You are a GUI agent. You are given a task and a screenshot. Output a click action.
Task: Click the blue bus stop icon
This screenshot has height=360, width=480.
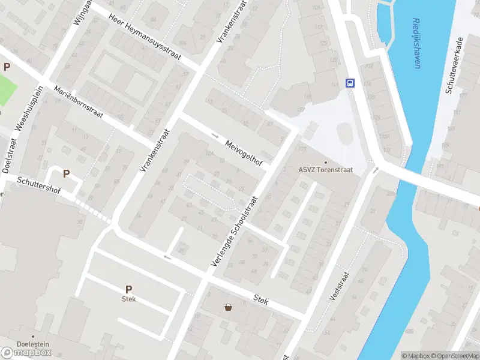pos(349,83)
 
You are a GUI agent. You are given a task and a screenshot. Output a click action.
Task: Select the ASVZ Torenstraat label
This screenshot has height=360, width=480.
pos(326,170)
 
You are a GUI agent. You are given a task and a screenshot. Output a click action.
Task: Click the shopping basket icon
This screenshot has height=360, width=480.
pos(229,308)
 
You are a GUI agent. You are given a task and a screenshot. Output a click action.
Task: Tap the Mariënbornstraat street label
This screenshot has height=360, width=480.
pos(79,102)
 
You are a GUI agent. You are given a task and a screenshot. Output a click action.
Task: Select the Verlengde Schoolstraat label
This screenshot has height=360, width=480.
pos(234,232)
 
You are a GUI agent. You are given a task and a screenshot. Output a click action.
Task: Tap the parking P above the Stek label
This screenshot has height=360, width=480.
pos(128,289)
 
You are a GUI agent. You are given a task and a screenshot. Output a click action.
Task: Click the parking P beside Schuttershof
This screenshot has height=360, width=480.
pos(66,174)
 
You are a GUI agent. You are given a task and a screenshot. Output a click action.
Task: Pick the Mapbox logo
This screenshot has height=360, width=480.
pos(26,352)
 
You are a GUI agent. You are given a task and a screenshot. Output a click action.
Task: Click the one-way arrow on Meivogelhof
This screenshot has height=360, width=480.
pos(215,135)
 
